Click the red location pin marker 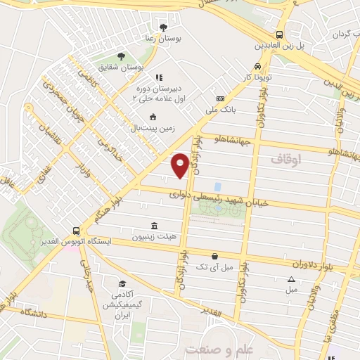click(x=181, y=165)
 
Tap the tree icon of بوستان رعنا click(x=164, y=27)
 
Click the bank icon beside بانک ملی click(x=220, y=98)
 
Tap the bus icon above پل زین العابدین click(x=280, y=34)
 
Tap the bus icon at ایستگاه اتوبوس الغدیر click(x=77, y=231)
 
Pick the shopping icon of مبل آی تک click(x=214, y=257)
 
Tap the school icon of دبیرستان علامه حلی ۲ click(x=159, y=78)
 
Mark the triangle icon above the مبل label click(x=292, y=279)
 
